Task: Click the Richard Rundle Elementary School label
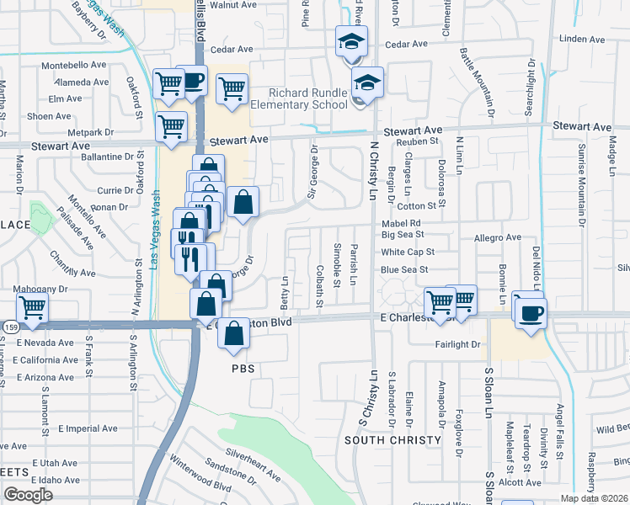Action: click(x=308, y=98)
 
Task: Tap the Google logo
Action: click(x=28, y=495)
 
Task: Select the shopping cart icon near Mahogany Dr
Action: click(x=32, y=308)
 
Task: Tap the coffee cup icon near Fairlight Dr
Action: click(x=529, y=313)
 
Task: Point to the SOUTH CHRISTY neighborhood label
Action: click(x=392, y=440)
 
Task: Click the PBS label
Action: click(x=243, y=369)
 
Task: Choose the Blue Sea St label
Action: click(x=404, y=269)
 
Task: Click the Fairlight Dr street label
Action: click(x=457, y=344)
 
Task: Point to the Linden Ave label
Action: click(x=582, y=39)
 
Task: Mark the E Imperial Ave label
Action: click(x=88, y=428)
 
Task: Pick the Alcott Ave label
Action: click(x=520, y=483)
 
